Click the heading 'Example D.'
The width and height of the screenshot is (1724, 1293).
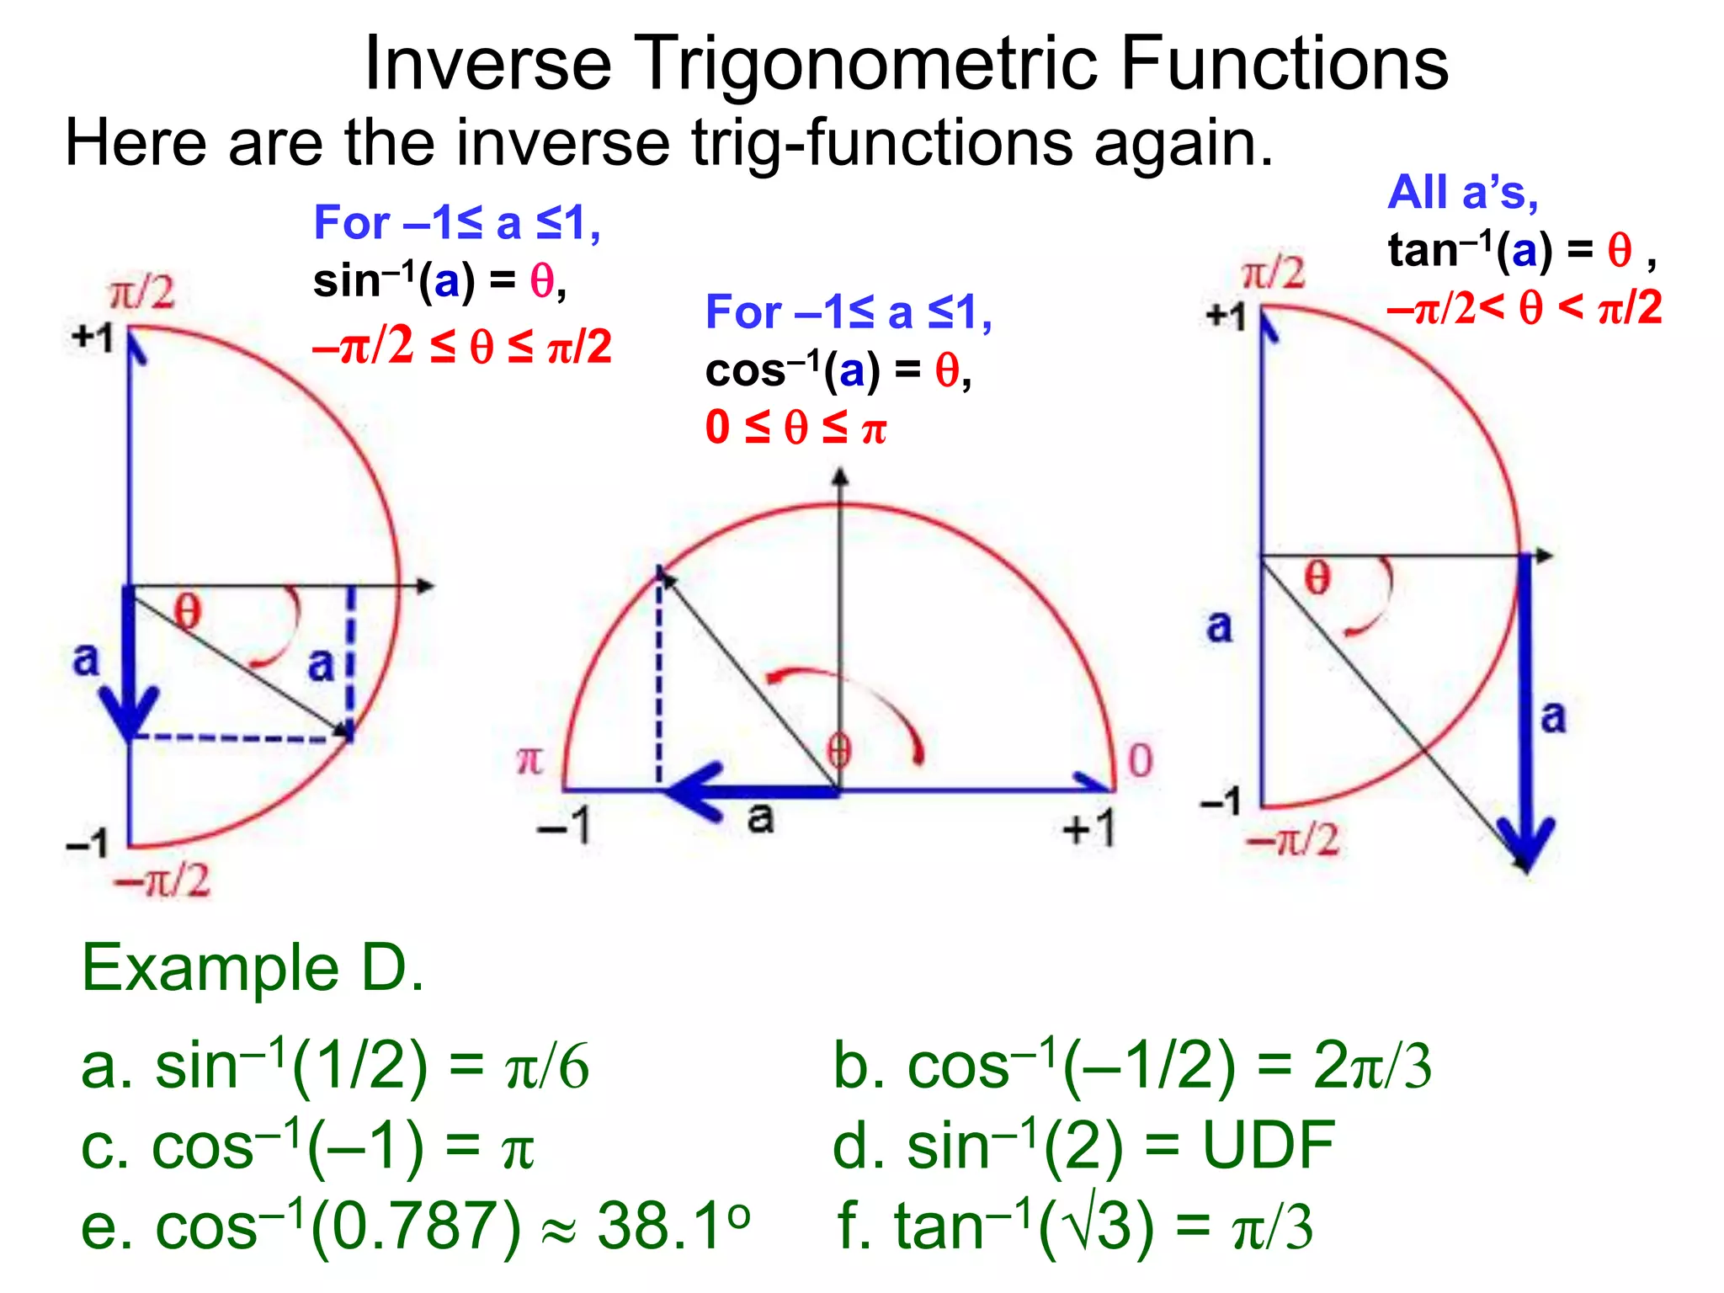point(253,968)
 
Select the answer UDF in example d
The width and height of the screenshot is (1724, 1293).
point(1268,1146)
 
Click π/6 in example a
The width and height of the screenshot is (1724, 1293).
point(546,1067)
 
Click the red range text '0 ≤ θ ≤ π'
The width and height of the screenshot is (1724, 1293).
point(795,427)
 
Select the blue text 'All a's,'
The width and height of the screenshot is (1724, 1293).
point(1462,193)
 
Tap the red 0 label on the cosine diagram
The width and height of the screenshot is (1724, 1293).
point(1140,760)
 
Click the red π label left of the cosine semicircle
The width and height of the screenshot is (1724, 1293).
point(529,760)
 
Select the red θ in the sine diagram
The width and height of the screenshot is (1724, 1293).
point(188,610)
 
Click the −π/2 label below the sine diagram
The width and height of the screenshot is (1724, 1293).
point(162,881)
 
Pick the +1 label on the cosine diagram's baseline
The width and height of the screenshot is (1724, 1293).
point(1089,828)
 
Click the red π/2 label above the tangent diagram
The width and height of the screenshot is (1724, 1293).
point(1274,274)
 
